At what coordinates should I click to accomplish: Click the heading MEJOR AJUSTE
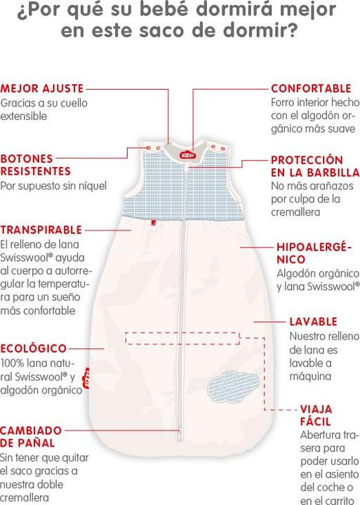coord(42,88)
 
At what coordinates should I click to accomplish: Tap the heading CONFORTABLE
coord(311,88)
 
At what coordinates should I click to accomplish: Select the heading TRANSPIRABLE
coord(41,229)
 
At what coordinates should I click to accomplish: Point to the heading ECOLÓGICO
coord(33,348)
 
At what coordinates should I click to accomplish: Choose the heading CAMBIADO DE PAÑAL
coord(31,436)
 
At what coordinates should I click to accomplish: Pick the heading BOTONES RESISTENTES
coord(36,165)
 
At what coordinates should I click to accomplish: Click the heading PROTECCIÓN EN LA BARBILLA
coord(315,166)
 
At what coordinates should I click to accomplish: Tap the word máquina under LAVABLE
coord(310,376)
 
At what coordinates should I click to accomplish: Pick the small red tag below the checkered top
coord(154,222)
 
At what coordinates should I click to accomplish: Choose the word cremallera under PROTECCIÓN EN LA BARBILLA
coord(295,212)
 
